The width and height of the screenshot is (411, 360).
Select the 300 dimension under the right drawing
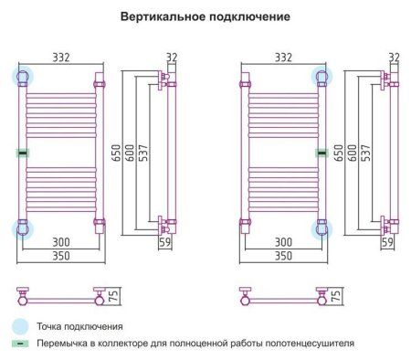281,241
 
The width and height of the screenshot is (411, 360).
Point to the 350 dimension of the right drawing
281,259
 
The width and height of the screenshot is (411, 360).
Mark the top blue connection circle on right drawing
321,76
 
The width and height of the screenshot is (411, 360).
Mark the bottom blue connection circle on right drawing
321,228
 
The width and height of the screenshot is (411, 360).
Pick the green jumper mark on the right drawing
321,152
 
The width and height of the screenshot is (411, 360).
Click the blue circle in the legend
20,324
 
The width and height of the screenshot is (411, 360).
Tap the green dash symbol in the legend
20,344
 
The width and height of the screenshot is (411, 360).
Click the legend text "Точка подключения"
80,325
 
